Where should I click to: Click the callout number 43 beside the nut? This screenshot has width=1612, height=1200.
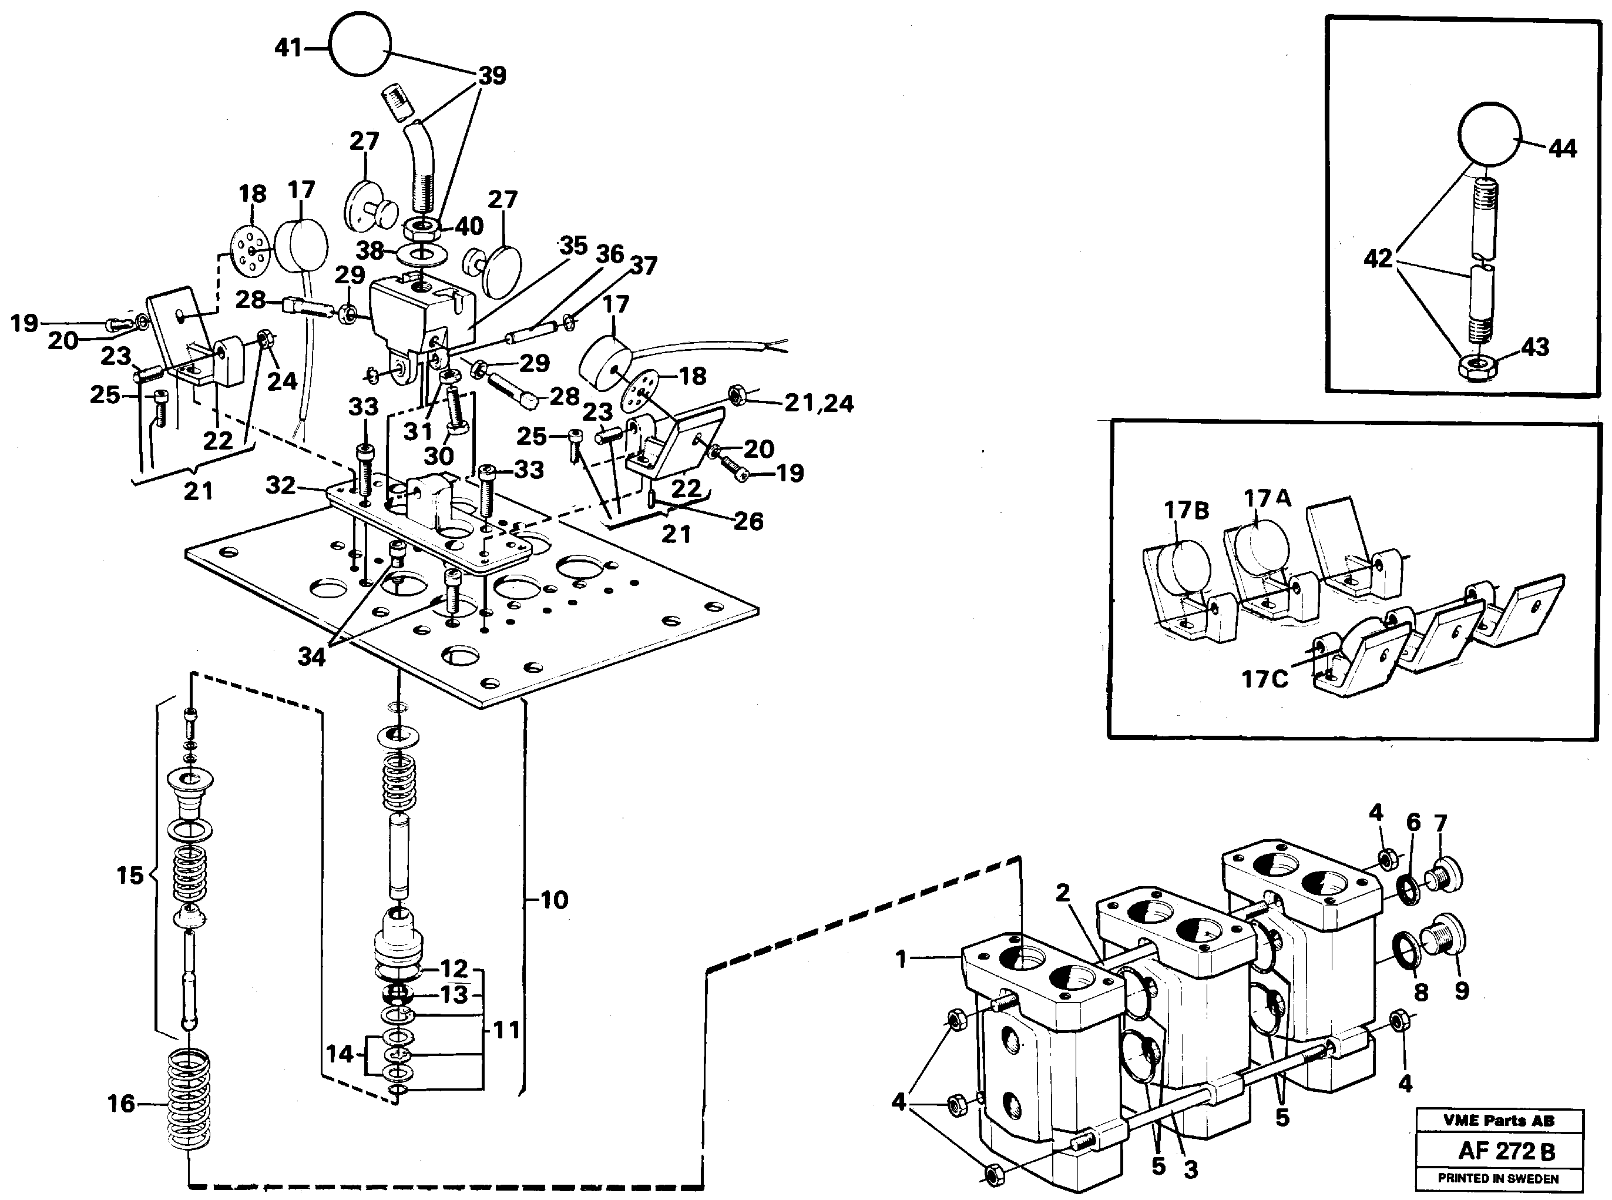1535,347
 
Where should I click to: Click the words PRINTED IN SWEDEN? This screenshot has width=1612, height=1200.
1499,1179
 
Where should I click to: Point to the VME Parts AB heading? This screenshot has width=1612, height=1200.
1499,1121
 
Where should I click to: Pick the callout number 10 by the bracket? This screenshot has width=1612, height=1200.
554,900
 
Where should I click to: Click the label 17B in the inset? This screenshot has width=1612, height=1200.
1187,511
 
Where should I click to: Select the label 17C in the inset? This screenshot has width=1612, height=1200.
1264,679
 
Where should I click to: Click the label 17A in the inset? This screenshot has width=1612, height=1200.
1267,499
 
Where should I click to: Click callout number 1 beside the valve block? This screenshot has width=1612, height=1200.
901,960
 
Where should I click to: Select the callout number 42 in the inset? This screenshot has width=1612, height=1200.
1378,258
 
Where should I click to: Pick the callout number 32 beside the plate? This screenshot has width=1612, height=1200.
280,485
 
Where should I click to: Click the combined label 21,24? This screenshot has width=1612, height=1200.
818,403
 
